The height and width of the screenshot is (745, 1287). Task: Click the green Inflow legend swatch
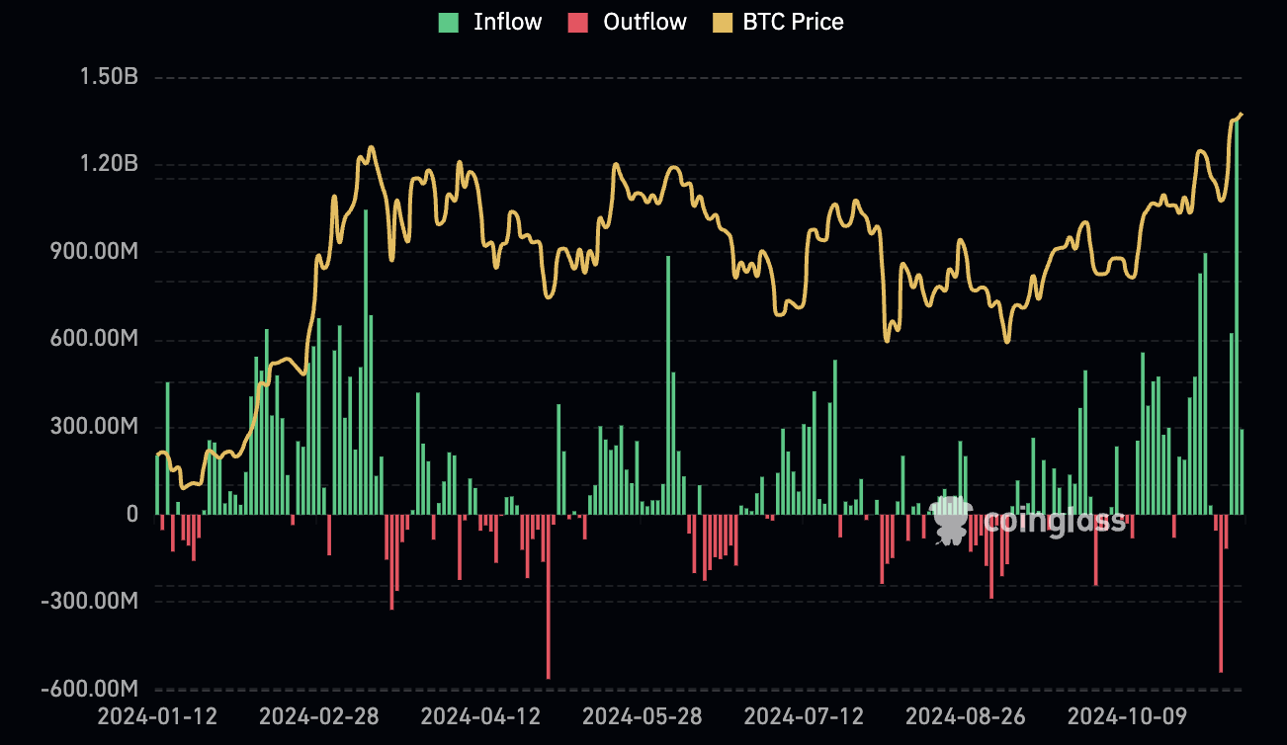[x=449, y=23]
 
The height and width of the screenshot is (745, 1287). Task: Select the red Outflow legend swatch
[x=578, y=23]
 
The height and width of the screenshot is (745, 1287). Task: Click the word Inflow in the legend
[x=507, y=22]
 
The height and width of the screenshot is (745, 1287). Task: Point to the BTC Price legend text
[x=793, y=22]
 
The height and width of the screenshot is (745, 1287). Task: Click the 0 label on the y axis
[x=130, y=514]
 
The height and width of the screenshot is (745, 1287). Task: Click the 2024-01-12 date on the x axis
[x=157, y=715]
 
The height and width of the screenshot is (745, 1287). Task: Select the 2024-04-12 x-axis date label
[x=480, y=715]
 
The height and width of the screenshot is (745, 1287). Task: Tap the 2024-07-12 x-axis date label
[x=804, y=715]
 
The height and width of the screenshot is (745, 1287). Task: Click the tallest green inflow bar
[x=1237, y=316]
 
